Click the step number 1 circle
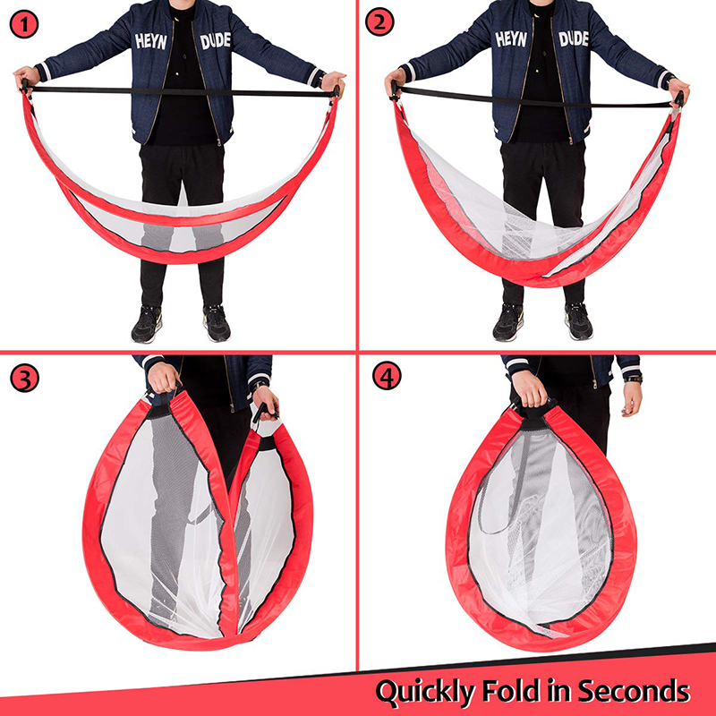[x=24, y=25]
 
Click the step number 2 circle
[x=379, y=21]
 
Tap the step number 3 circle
[x=24, y=378]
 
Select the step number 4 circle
[x=387, y=376]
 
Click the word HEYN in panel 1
[x=150, y=41]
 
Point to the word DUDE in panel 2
[x=574, y=38]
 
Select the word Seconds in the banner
[x=634, y=690]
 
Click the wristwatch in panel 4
[x=633, y=379]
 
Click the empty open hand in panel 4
[x=632, y=399]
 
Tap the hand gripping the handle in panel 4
[x=529, y=388]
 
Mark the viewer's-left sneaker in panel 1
[x=147, y=324]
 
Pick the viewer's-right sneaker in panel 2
[x=578, y=321]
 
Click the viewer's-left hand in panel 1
[x=27, y=79]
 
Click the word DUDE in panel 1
[x=216, y=40]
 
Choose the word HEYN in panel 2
[x=511, y=39]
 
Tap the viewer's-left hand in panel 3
[x=164, y=378]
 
